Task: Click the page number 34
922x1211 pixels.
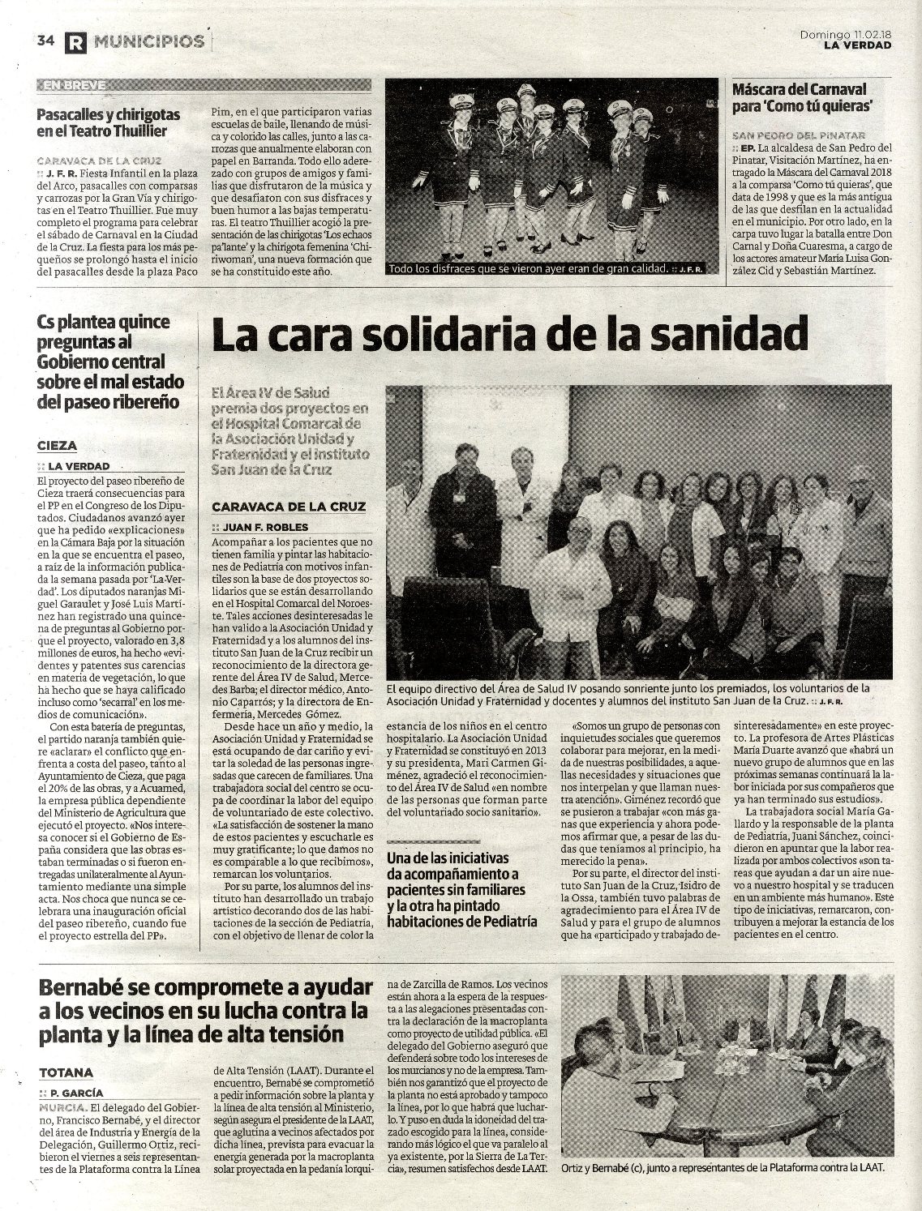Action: pyautogui.click(x=45, y=41)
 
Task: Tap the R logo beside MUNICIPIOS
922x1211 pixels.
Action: pyautogui.click(x=75, y=41)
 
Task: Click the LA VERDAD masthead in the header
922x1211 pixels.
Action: pyautogui.click(x=857, y=45)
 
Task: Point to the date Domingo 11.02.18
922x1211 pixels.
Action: pyautogui.click(x=845, y=34)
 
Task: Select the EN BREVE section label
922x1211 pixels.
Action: pyautogui.click(x=75, y=85)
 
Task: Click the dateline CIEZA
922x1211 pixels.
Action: pyautogui.click(x=58, y=445)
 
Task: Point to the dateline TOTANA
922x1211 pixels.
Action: pyautogui.click(x=66, y=1072)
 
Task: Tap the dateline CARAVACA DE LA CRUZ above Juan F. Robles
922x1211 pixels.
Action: pyautogui.click(x=289, y=507)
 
